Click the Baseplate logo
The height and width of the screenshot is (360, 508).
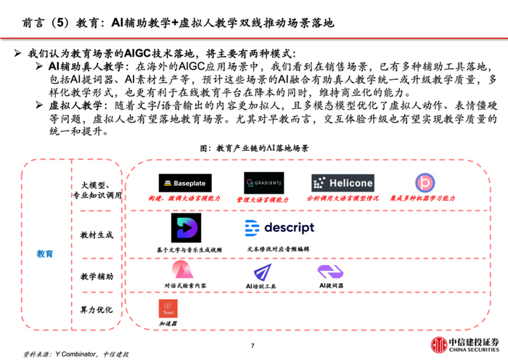(x=185, y=184)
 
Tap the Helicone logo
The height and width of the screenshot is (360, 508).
(x=343, y=183)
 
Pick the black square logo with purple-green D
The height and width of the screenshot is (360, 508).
(x=185, y=228)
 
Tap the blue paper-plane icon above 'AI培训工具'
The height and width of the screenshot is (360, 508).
(x=263, y=273)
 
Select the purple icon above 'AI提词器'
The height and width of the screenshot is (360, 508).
(x=329, y=272)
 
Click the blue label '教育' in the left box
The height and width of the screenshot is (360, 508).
(x=45, y=254)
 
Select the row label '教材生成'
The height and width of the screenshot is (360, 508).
(x=97, y=235)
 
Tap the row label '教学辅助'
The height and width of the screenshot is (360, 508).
(x=97, y=277)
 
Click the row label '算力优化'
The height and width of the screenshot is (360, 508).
(x=97, y=311)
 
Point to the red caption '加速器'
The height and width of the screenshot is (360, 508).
(x=168, y=323)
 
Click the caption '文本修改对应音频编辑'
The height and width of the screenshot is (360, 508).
(x=278, y=249)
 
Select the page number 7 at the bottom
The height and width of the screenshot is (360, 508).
(x=253, y=345)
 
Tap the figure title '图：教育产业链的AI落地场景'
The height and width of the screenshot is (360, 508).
(x=254, y=147)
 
